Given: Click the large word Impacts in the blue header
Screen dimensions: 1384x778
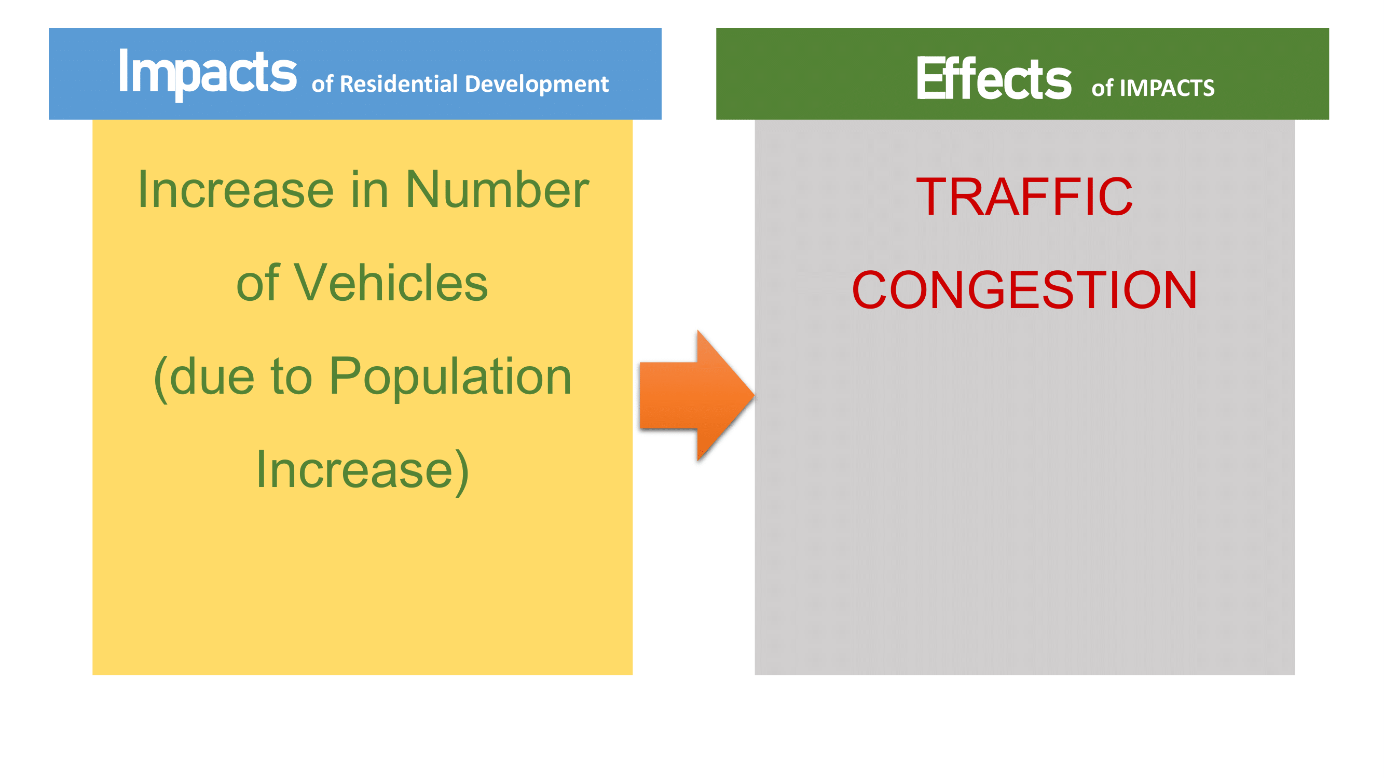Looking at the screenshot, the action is pyautogui.click(x=208, y=74).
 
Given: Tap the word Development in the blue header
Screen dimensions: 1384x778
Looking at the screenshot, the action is pyautogui.click(x=536, y=85).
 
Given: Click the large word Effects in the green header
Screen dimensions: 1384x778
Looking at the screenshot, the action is pyautogui.click(x=993, y=78).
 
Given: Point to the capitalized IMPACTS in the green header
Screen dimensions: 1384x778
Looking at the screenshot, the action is pyautogui.click(x=1167, y=88).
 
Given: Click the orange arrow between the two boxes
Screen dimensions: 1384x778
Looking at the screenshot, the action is pyautogui.click(x=697, y=396).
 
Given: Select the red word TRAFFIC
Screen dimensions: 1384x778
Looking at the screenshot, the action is pyautogui.click(x=1024, y=197).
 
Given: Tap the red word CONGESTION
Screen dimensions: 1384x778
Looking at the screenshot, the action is pyautogui.click(x=1024, y=290).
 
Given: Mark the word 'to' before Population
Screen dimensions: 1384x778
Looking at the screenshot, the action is pyautogui.click(x=291, y=378).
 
